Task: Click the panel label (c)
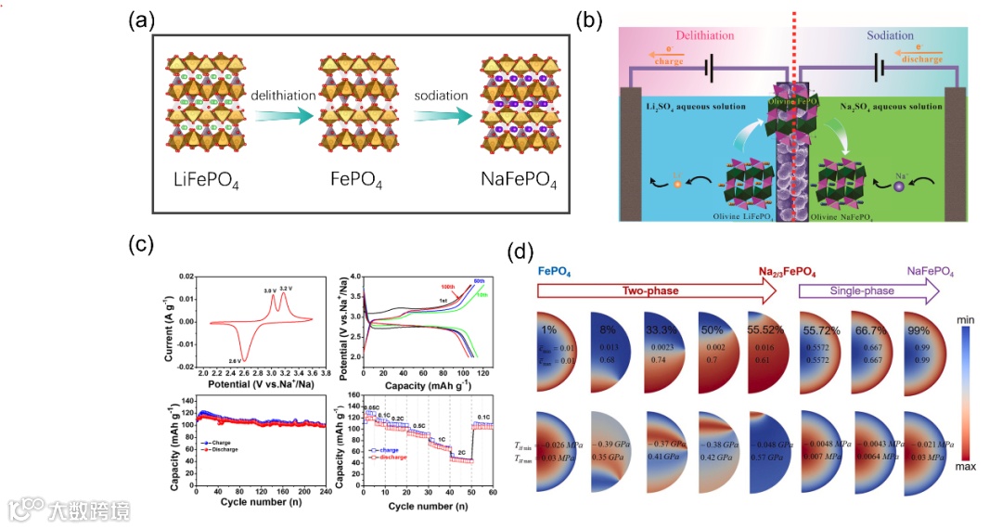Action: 140,245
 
